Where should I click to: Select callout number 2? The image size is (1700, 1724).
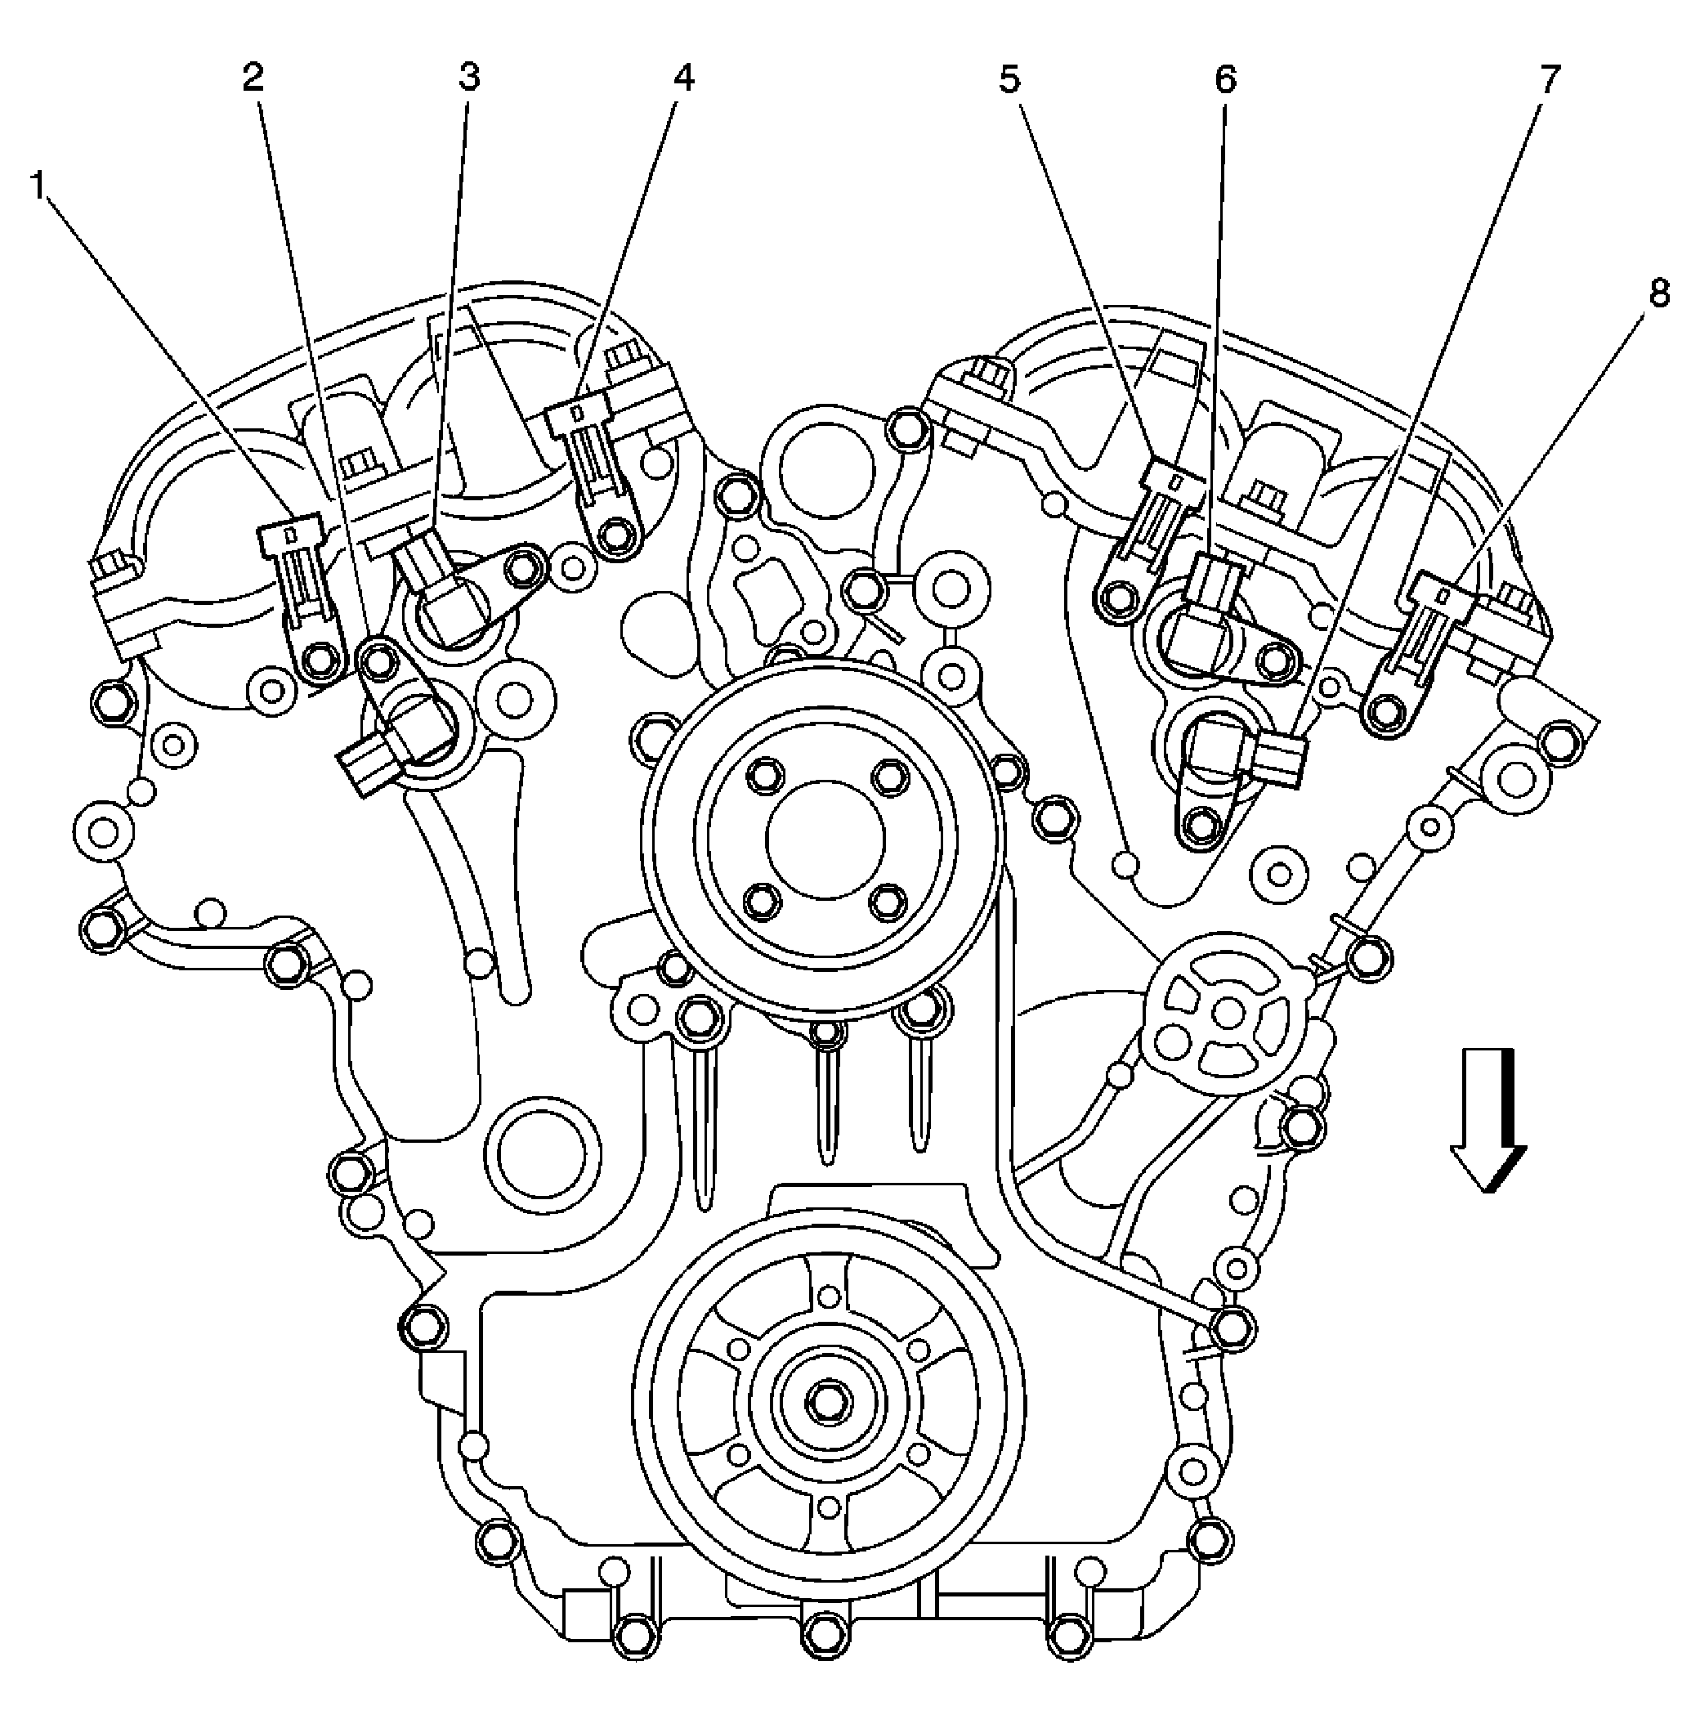(x=253, y=78)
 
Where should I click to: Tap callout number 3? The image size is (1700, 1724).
(x=468, y=78)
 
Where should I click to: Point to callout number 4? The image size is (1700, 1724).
(x=682, y=78)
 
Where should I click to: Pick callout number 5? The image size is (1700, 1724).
(x=1008, y=80)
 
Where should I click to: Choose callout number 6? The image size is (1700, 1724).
(x=1225, y=80)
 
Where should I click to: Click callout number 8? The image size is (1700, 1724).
(x=1658, y=293)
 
